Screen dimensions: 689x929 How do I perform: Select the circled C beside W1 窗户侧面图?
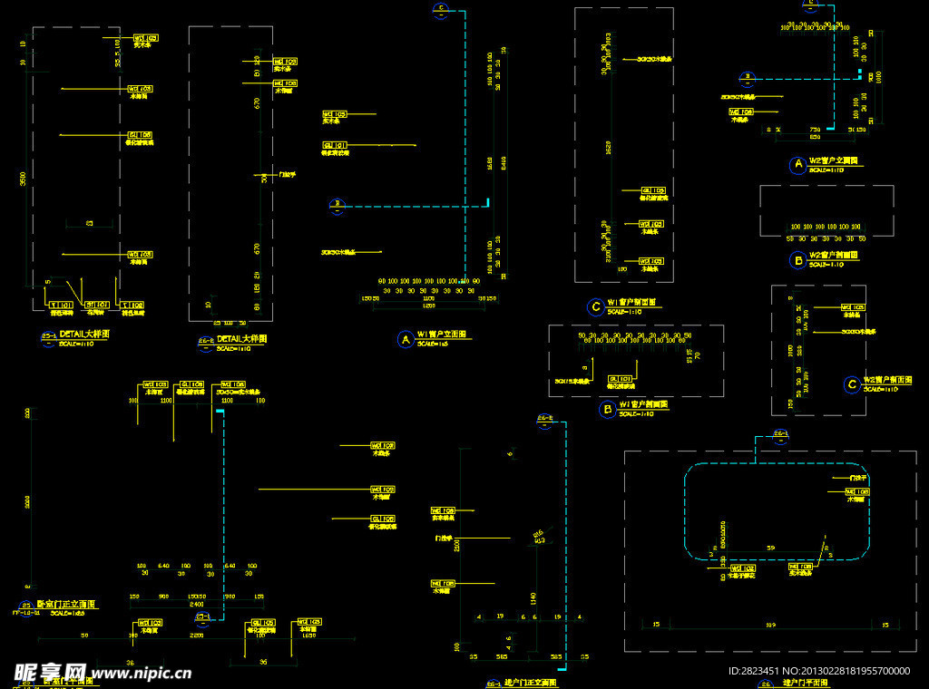click(595, 306)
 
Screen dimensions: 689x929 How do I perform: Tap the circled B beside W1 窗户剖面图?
click(607, 409)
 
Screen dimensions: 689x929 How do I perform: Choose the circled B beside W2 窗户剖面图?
click(797, 259)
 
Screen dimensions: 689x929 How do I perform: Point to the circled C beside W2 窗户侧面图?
click(851, 384)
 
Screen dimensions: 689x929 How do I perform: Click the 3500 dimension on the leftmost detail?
click(24, 180)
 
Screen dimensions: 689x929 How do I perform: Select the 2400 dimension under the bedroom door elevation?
click(196, 604)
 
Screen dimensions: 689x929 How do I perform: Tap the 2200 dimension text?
click(196, 636)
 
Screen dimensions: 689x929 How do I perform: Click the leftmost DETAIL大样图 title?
click(84, 335)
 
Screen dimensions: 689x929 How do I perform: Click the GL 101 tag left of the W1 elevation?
click(335, 144)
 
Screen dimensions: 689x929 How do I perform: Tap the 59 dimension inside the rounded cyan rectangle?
click(771, 548)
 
